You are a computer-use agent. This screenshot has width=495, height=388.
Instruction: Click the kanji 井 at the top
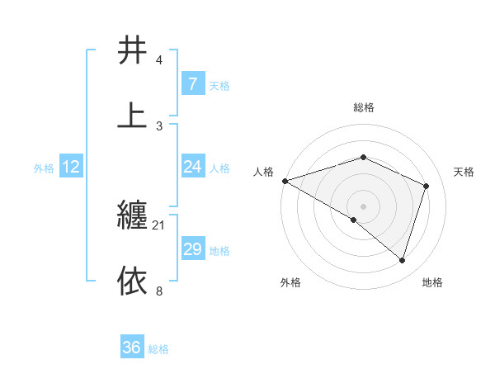[132, 50]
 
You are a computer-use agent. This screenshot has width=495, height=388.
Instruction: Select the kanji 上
[132, 116]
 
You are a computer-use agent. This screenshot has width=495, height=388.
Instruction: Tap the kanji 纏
[132, 216]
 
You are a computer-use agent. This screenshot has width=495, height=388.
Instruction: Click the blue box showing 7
[192, 84]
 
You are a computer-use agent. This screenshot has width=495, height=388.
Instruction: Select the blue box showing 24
[192, 167]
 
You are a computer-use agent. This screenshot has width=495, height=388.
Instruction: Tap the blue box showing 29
[192, 249]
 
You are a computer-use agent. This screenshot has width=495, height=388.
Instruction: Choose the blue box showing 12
[71, 167]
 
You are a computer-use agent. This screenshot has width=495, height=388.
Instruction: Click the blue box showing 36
[131, 348]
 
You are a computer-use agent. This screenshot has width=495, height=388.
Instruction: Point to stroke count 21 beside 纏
[159, 225]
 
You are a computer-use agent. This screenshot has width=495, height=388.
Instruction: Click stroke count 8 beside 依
[159, 291]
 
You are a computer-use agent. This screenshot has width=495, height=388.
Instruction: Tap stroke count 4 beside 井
[159, 60]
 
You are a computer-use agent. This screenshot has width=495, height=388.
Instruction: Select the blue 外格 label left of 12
[44, 168]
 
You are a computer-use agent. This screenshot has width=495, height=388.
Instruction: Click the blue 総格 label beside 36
[158, 349]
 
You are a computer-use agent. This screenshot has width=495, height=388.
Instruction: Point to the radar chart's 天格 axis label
[464, 172]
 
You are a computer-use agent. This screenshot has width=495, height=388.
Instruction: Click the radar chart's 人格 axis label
[263, 172]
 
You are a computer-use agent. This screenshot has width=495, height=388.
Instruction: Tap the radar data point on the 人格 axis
[285, 181]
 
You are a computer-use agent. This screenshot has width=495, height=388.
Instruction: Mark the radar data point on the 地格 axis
[403, 261]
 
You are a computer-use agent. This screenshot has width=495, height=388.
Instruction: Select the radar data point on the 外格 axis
[354, 220]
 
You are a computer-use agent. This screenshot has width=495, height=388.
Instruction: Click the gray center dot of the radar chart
[363, 206]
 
